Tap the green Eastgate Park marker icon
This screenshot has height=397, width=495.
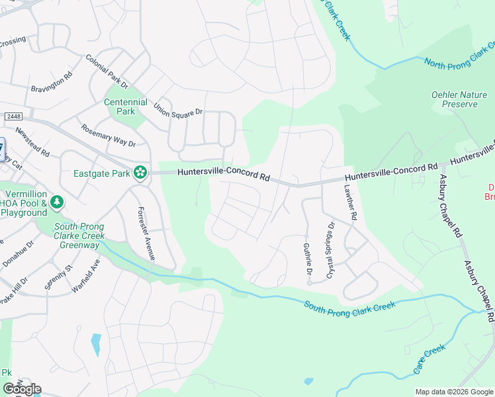(x=140, y=173)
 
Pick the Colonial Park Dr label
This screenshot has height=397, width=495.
(x=107, y=71)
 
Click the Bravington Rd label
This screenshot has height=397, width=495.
(x=51, y=83)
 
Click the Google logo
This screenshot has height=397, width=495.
(x=22, y=389)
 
